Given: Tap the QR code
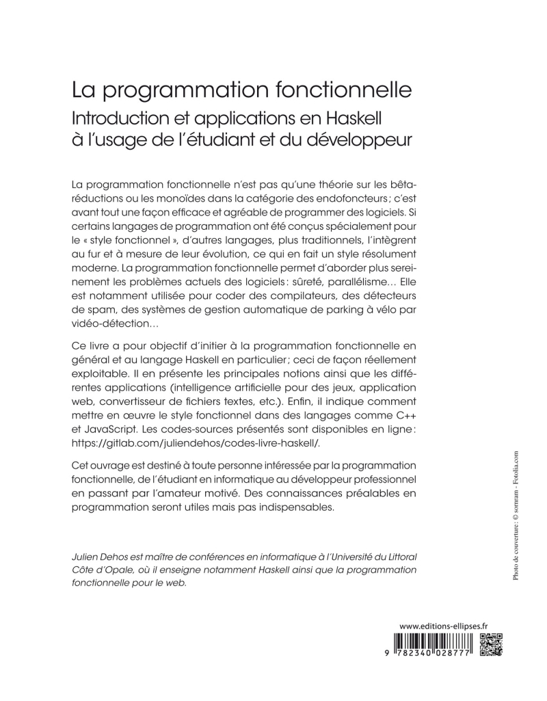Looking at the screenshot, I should pos(490,644).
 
